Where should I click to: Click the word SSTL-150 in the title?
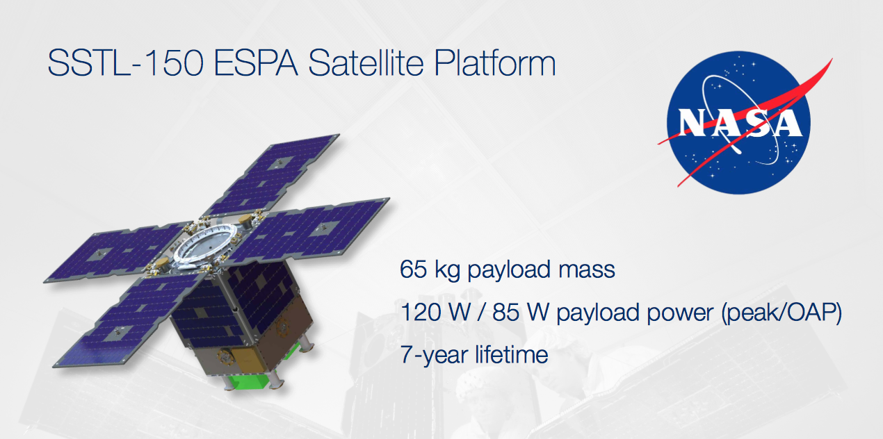point(126,63)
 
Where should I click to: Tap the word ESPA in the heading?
point(256,63)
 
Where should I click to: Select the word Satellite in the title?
point(366,63)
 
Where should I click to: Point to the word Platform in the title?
point(495,63)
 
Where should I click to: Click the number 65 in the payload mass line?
point(414,270)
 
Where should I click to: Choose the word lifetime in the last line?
point(511,354)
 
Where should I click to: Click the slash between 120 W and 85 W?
point(481,312)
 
